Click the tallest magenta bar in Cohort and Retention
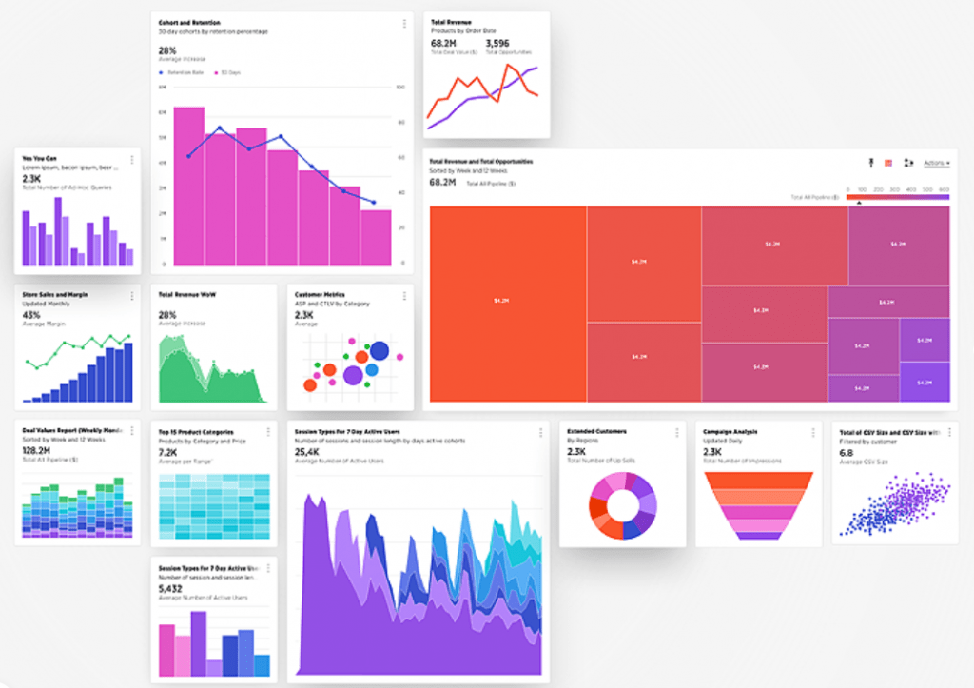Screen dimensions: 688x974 [x=188, y=186]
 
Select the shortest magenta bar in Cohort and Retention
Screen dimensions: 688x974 [x=376, y=238]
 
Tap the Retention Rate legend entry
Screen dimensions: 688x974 [x=184, y=72]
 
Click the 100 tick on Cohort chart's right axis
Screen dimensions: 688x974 [x=400, y=87]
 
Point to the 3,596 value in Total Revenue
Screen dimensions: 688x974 [x=497, y=43]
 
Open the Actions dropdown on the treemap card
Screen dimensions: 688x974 [x=937, y=163]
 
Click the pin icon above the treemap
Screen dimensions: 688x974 [x=870, y=163]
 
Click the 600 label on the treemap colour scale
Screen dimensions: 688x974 [x=944, y=190]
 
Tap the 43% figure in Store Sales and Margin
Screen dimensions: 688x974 [x=31, y=314]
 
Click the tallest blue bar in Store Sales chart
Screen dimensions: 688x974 [x=127, y=371]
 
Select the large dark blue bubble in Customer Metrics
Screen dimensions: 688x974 [x=379, y=350]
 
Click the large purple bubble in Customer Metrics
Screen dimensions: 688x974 [x=353, y=375]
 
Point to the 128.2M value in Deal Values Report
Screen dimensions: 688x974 [x=36, y=450]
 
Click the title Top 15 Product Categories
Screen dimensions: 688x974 [x=196, y=431]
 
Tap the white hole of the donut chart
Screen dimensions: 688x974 [x=622, y=504]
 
